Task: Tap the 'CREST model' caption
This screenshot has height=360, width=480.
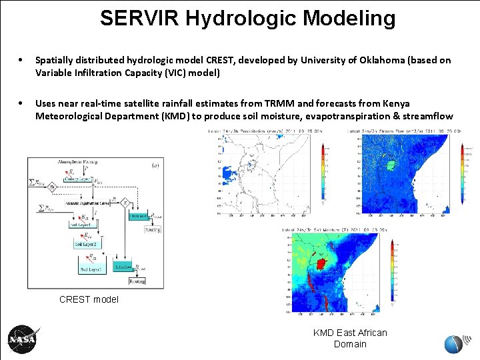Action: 89,299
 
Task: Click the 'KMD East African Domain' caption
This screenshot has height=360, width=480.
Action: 350,338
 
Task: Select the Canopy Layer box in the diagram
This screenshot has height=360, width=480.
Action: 78,179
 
